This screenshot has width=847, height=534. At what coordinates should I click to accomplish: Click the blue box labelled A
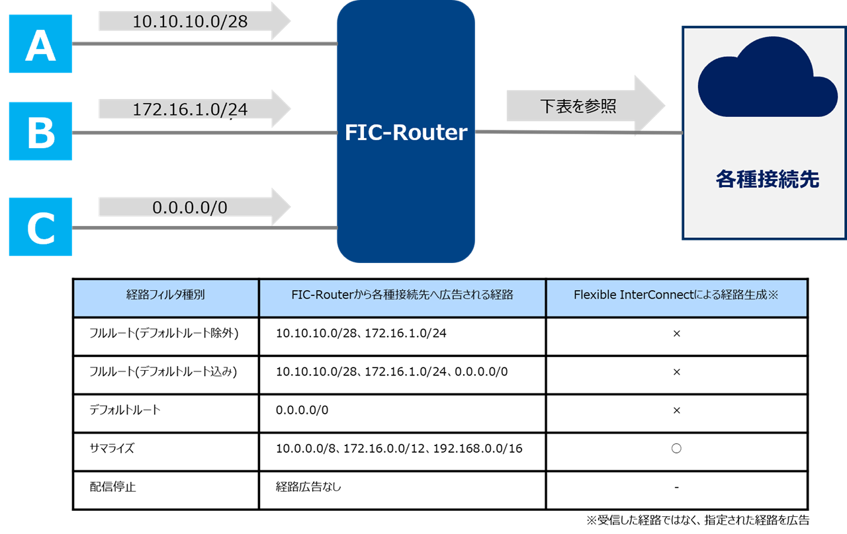pyautogui.click(x=40, y=45)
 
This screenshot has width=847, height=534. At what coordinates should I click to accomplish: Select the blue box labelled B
pyautogui.click(x=40, y=132)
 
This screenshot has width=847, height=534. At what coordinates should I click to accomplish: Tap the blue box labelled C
pyautogui.click(x=40, y=227)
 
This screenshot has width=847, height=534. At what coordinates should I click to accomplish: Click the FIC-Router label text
pyautogui.click(x=406, y=133)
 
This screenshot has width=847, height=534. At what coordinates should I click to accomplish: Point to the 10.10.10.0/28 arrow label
pyautogui.click(x=189, y=21)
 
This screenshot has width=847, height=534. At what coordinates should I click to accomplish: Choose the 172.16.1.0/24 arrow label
pyautogui.click(x=189, y=109)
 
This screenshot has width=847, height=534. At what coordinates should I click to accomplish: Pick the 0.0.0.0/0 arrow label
pyautogui.click(x=189, y=208)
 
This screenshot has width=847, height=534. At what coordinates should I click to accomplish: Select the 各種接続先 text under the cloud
pyautogui.click(x=767, y=179)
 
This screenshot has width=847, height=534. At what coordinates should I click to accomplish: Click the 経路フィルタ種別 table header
pyautogui.click(x=165, y=295)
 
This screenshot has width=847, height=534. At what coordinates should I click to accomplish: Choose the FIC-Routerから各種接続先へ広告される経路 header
pyautogui.click(x=402, y=295)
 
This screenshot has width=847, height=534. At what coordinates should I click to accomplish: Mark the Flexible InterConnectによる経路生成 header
pyautogui.click(x=676, y=295)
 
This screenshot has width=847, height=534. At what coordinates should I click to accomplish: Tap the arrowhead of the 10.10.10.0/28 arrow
pyautogui.click(x=280, y=20)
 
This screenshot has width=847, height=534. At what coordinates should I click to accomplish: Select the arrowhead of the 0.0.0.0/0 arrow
pyautogui.click(x=280, y=207)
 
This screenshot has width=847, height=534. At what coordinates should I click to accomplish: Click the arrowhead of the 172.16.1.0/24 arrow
pyautogui.click(x=280, y=108)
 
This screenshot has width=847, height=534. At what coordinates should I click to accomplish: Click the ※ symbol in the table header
pyautogui.click(x=772, y=295)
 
